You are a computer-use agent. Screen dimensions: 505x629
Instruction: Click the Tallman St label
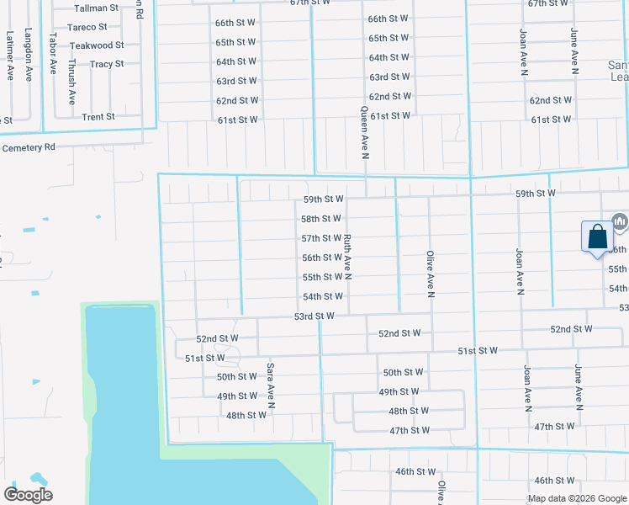[97, 8]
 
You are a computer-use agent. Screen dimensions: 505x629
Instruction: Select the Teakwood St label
[96, 45]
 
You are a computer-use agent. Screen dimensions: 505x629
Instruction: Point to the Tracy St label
[106, 64]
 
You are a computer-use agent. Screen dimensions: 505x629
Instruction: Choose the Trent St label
[98, 117]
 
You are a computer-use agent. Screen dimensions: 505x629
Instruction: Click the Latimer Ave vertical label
[10, 56]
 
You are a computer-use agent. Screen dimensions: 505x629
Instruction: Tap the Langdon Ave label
[29, 54]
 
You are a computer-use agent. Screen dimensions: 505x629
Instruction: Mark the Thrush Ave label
[72, 81]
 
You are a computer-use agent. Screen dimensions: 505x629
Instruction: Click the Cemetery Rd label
[28, 147]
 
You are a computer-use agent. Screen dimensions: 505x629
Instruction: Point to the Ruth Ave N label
[346, 257]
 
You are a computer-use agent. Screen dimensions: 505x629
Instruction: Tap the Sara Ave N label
[271, 385]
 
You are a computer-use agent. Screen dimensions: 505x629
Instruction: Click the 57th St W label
[321, 238]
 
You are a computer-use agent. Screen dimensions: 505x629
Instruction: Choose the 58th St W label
[321, 219]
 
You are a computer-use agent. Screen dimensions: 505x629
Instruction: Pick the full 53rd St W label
[314, 316]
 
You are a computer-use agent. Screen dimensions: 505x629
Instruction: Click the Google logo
[28, 494]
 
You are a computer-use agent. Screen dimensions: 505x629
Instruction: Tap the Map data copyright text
[576, 498]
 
